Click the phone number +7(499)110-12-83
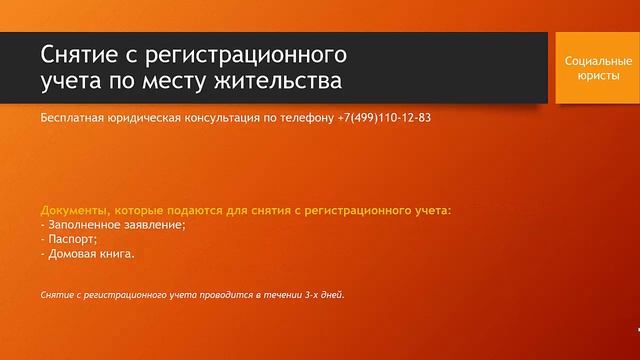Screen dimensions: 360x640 tap(382, 117)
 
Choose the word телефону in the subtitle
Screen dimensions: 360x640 tap(307, 117)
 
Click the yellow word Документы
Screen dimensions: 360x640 tap(74, 211)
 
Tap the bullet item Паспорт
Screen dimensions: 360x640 tap(72, 239)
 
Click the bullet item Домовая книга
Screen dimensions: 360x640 tap(90, 253)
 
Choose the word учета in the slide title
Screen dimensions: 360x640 tap(73, 78)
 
